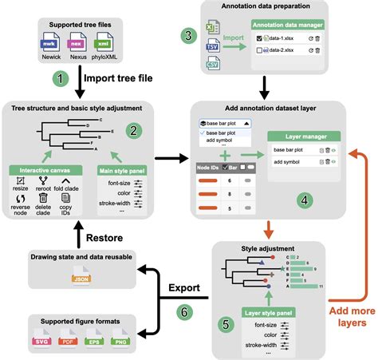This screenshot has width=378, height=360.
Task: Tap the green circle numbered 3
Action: tap(187, 36)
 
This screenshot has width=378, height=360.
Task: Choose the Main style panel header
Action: tap(120, 168)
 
